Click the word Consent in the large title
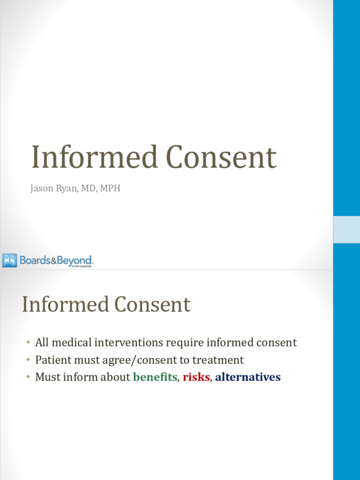coord(222,157)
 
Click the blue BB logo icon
coord(9,260)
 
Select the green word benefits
coord(155,377)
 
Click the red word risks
coord(196,377)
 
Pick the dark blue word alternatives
coord(248,377)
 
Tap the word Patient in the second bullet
coord(52,360)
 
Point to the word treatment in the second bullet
coord(220,360)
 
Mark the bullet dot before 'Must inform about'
coord(28,377)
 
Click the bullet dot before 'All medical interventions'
coord(28,343)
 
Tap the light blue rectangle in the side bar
coord(346,229)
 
